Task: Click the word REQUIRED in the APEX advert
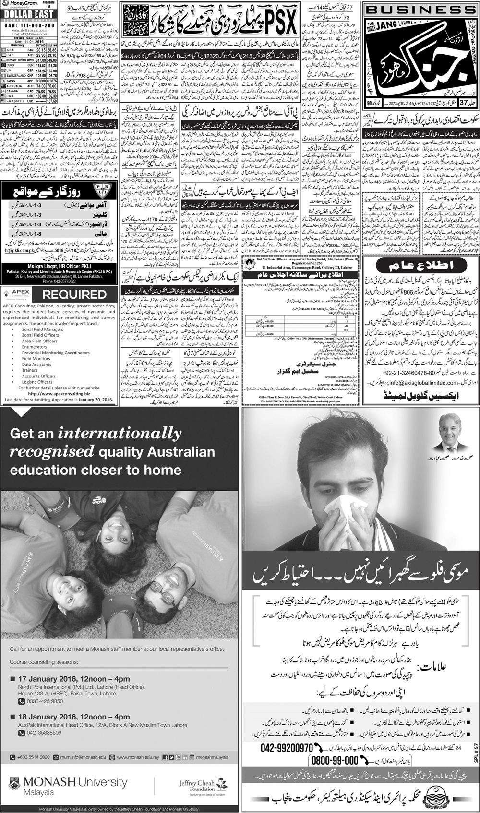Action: (x=74, y=295)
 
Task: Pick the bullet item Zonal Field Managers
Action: (x=42, y=330)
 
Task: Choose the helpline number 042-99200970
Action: (x=287, y=747)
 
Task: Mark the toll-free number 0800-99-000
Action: (x=335, y=760)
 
